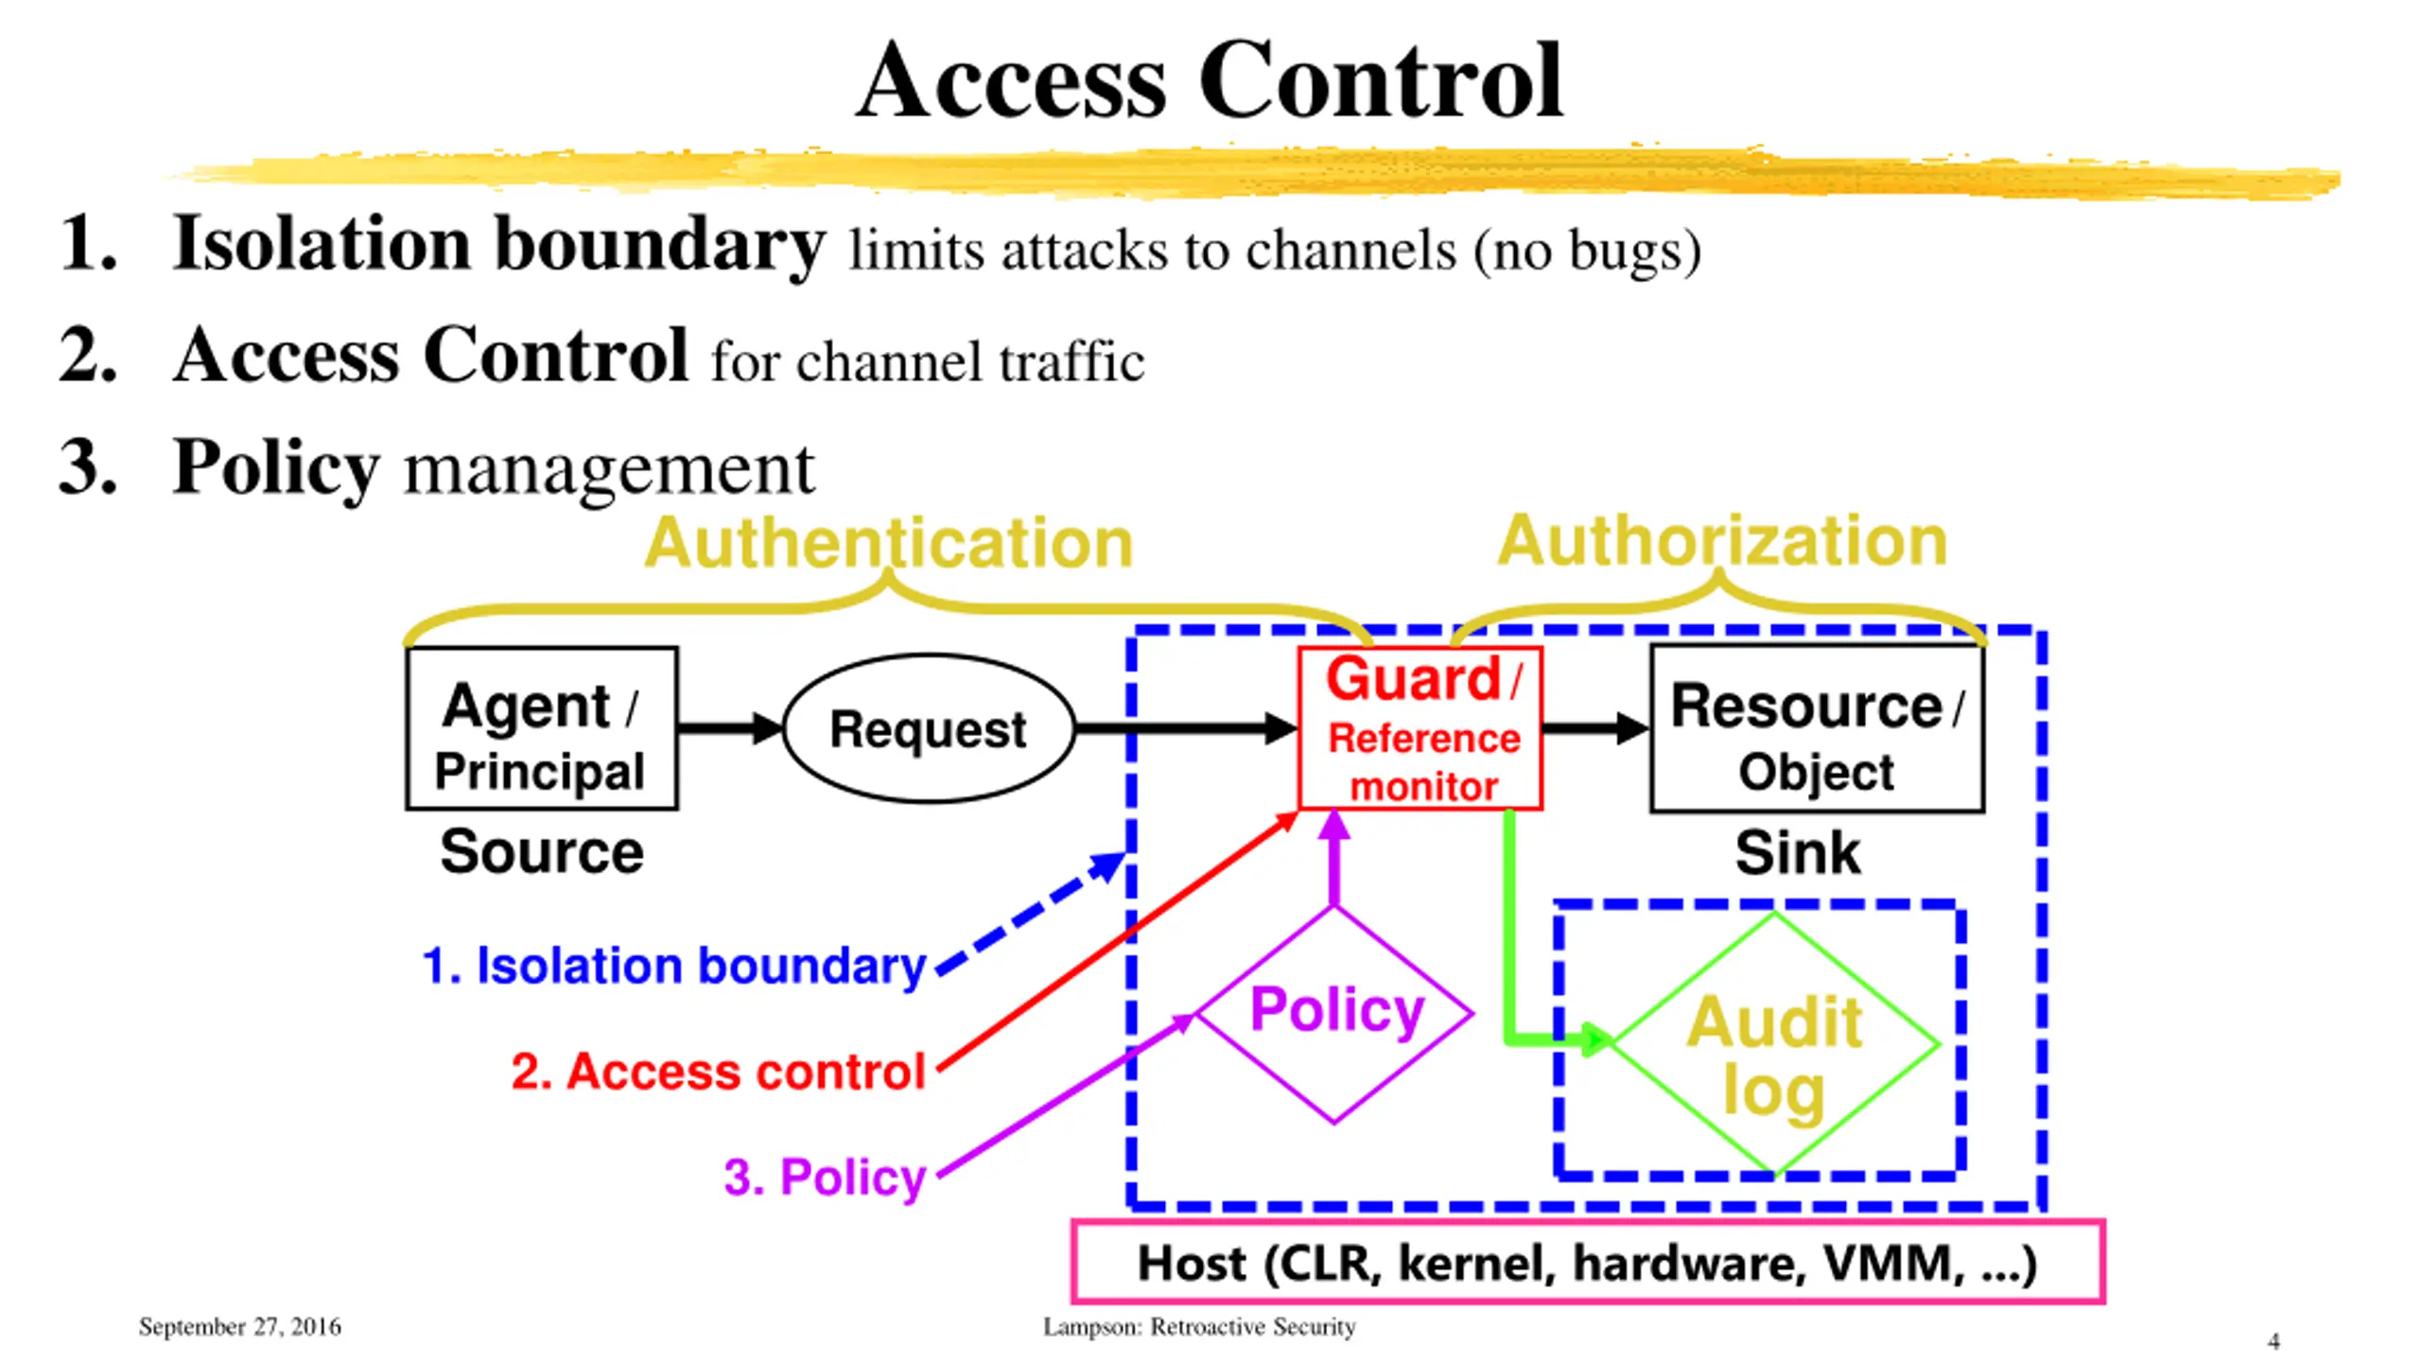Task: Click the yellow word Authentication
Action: [x=888, y=543]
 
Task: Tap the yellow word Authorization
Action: [x=1722, y=541]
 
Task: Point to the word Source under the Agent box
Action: [x=542, y=851]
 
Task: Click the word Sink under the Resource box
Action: [x=1798, y=852]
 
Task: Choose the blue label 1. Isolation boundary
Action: [x=673, y=967]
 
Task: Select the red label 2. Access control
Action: [x=718, y=1072]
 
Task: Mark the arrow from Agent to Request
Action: [x=731, y=728]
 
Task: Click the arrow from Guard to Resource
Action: [x=1596, y=728]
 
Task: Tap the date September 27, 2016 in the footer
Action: [x=240, y=1327]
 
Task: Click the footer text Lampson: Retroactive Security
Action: [x=1199, y=1327]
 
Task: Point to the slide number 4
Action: [x=2273, y=1341]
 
